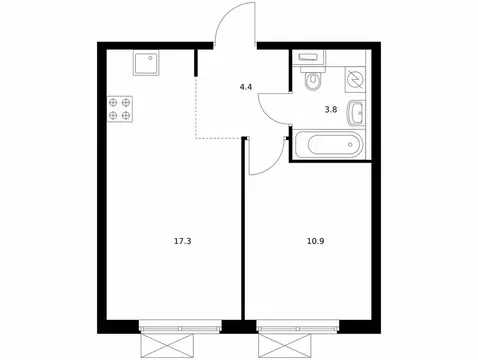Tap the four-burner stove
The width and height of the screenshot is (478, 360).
click(x=121, y=107)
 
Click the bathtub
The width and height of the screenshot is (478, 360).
click(x=329, y=144)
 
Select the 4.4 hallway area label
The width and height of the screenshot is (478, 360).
click(x=245, y=87)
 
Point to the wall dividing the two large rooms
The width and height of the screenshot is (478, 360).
click(x=243, y=240)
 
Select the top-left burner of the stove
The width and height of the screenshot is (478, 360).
click(x=114, y=100)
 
